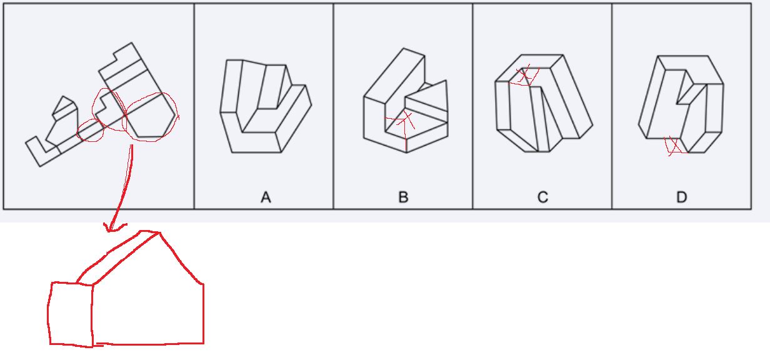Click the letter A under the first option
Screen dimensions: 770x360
click(266, 197)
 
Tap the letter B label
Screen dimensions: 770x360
click(403, 197)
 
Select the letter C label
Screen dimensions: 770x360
click(542, 197)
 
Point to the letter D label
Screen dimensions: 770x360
click(682, 197)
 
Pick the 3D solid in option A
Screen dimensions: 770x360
click(266, 106)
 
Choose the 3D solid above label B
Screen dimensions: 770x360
click(406, 101)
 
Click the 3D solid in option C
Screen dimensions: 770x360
click(544, 103)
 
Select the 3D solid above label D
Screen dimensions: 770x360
click(681, 104)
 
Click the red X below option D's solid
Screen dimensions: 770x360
click(674, 146)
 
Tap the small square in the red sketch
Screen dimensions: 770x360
click(71, 314)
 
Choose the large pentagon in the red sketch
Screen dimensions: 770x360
click(147, 302)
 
